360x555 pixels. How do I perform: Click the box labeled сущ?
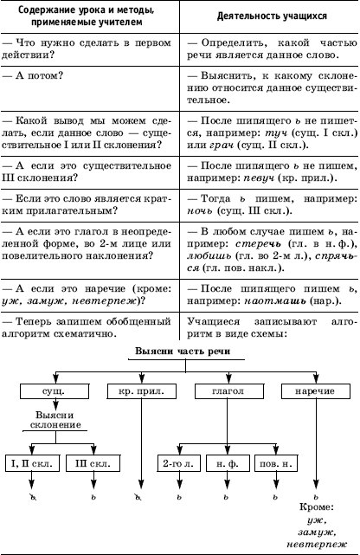pyautogui.click(x=55, y=391)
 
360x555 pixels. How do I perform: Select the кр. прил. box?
pyautogui.click(x=141, y=391)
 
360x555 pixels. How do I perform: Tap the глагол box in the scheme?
pyautogui.click(x=228, y=391)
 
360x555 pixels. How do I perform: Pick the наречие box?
pyautogui.click(x=316, y=391)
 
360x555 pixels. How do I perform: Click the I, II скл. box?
pyautogui.click(x=32, y=463)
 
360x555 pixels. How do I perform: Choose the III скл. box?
pyautogui.click(x=93, y=463)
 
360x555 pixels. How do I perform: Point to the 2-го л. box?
pyautogui.click(x=178, y=463)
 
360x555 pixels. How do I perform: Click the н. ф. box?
pyautogui.click(x=228, y=463)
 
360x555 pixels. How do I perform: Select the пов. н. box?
pyautogui.click(x=276, y=463)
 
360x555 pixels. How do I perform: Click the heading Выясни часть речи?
pyautogui.click(x=183, y=352)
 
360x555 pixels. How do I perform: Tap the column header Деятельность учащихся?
pyautogui.click(x=272, y=16)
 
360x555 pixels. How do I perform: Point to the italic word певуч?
pyautogui.click(x=259, y=178)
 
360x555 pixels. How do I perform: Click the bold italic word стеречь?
pyautogui.click(x=258, y=244)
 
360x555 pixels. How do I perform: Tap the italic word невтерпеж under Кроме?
pyautogui.click(x=317, y=545)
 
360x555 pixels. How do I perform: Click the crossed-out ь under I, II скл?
pyautogui.click(x=33, y=497)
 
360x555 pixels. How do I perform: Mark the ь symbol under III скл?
pyautogui.click(x=93, y=497)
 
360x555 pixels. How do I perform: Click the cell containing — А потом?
pyautogui.click(x=90, y=88)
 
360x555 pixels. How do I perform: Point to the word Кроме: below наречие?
pyautogui.click(x=317, y=507)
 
